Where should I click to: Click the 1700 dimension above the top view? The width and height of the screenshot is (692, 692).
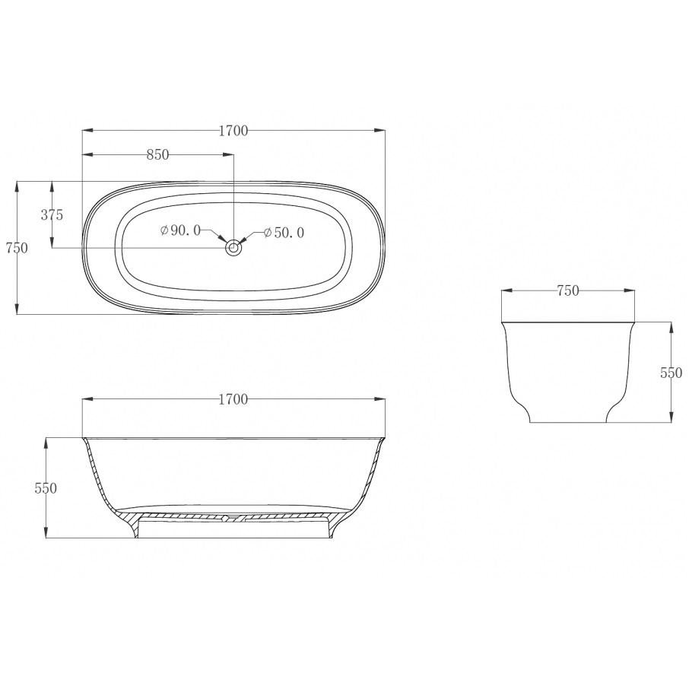[x=233, y=131]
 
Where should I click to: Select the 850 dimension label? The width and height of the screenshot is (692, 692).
[x=157, y=155]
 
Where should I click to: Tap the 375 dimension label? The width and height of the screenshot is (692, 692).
[x=52, y=215]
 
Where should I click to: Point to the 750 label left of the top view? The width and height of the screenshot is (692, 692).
[x=17, y=248]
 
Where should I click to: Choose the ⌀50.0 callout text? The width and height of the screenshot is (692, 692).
[x=284, y=233]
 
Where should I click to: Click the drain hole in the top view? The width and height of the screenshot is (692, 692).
[x=233, y=248]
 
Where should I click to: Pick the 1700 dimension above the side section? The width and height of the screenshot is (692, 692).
[x=233, y=399]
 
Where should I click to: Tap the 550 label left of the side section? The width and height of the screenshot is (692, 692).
[x=46, y=488]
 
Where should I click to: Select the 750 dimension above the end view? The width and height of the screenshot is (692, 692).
[x=568, y=290]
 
